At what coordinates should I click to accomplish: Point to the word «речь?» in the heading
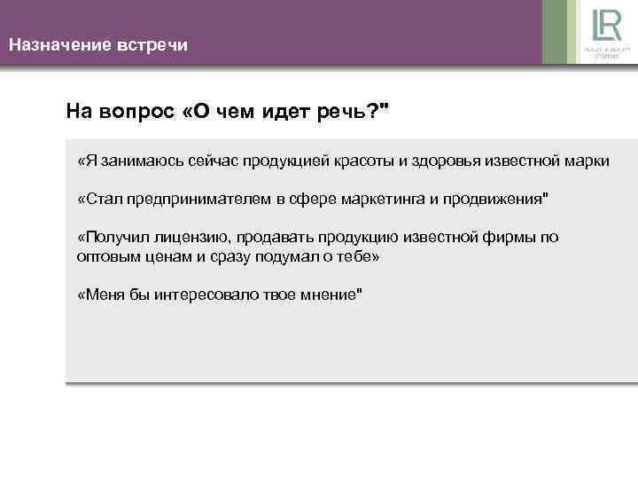click(x=352, y=112)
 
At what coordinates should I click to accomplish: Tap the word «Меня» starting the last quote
click(x=101, y=294)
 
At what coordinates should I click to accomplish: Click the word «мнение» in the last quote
click(x=326, y=294)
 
